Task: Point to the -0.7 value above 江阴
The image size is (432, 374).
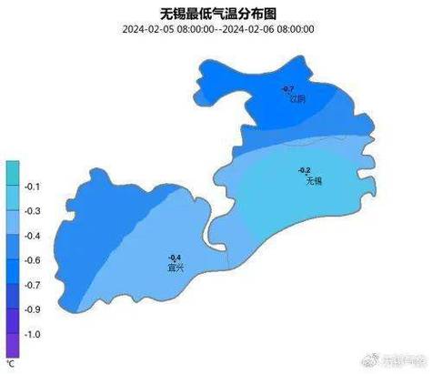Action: coord(288,88)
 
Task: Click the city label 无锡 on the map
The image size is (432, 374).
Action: coord(315,181)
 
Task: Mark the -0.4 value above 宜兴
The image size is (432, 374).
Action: coord(175,258)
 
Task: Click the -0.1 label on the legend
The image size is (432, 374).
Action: coord(33,187)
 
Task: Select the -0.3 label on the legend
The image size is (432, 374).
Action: coord(33,211)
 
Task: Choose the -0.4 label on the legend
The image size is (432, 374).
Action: coord(33,236)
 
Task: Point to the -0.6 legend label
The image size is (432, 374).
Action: coord(33,260)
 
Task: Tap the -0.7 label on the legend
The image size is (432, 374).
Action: coord(33,285)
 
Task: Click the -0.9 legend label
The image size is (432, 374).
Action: coord(33,309)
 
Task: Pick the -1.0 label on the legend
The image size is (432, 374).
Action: coord(33,334)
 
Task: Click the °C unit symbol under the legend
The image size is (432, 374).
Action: coord(11,363)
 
